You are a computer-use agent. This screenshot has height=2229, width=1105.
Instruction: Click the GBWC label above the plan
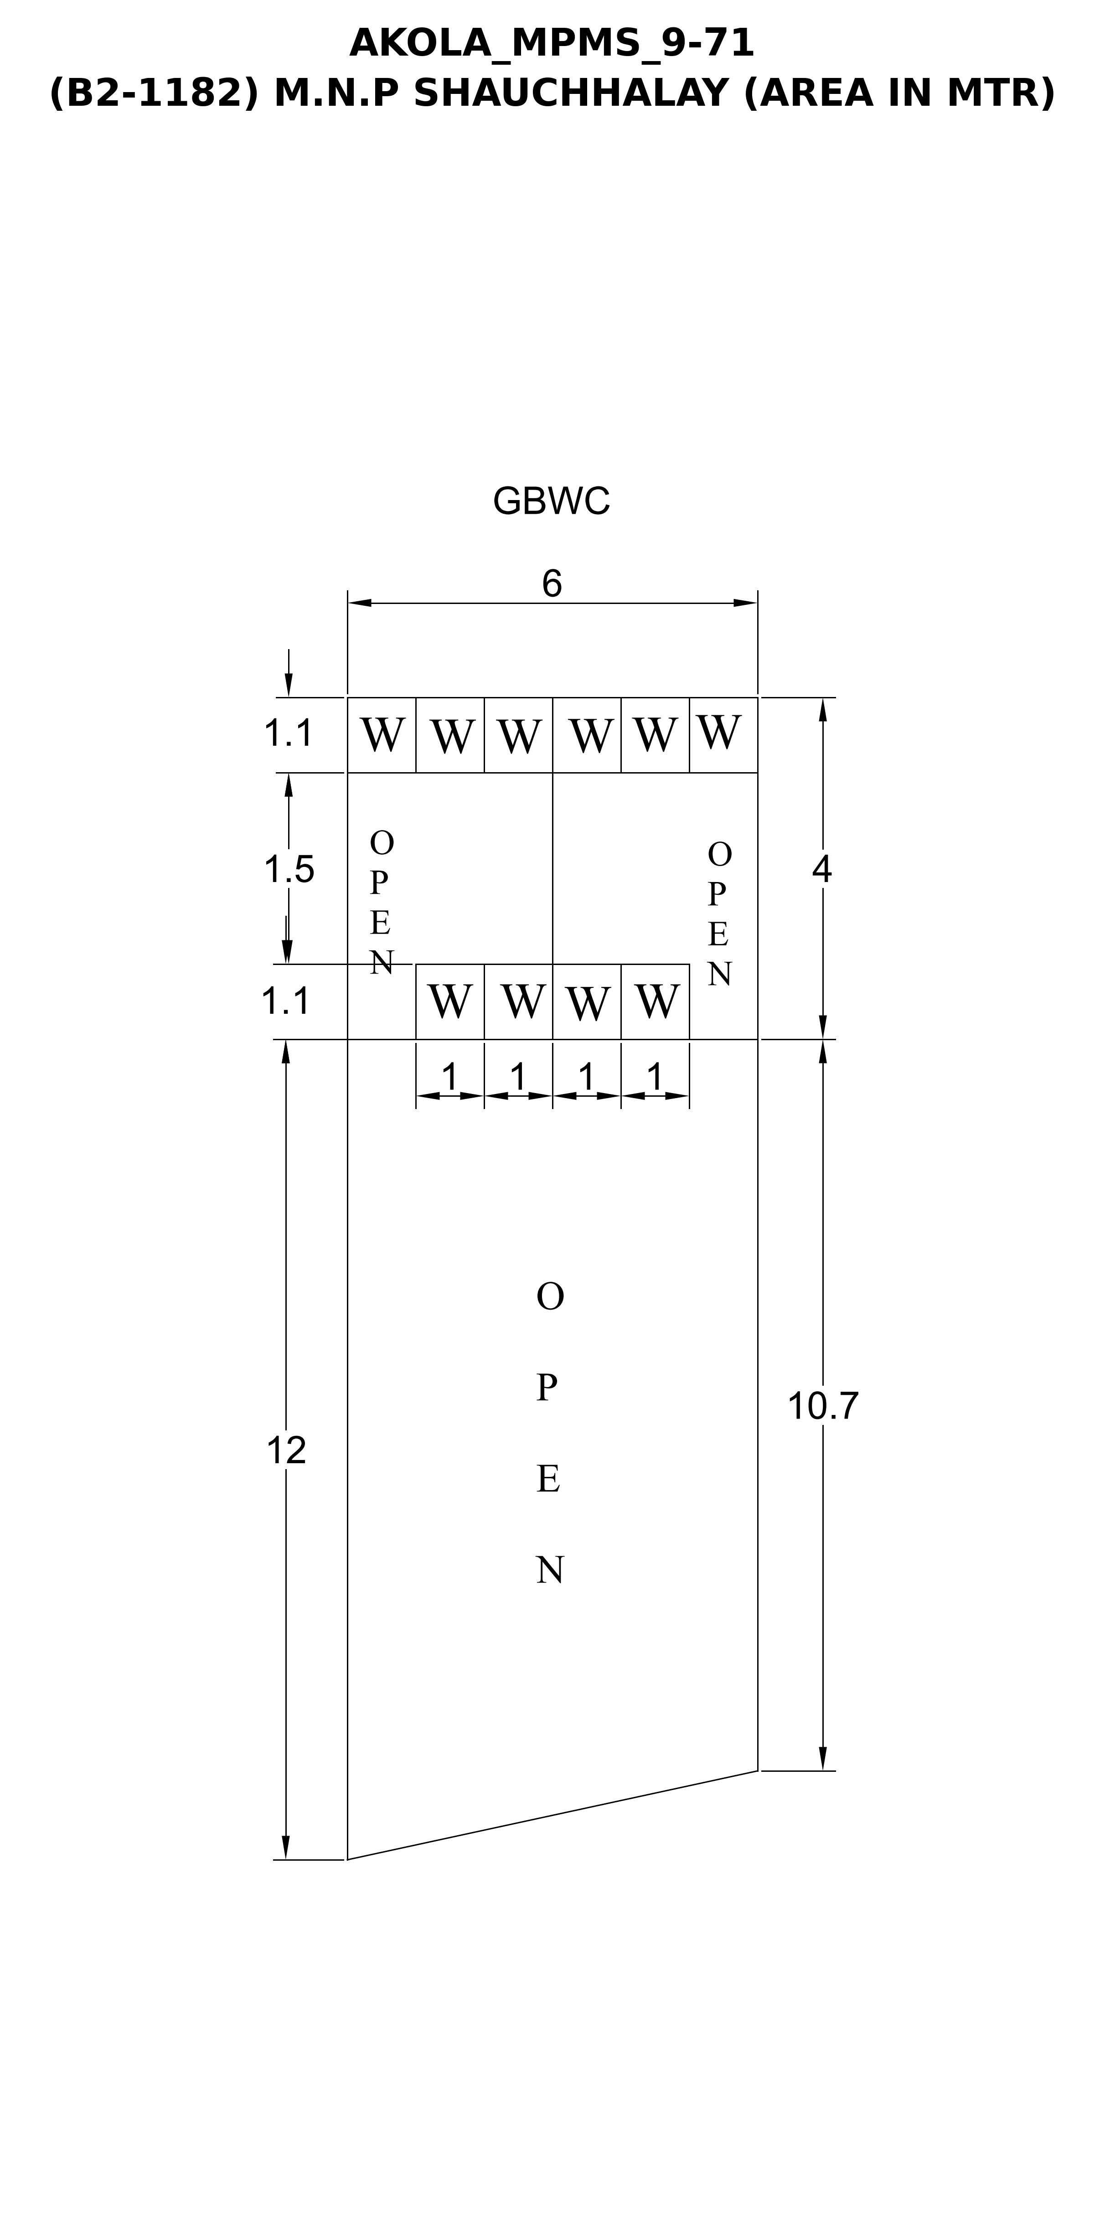pos(551,501)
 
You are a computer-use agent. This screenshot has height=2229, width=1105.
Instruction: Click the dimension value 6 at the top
pos(552,584)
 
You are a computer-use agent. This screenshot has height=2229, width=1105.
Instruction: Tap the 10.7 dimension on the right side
pos(822,1406)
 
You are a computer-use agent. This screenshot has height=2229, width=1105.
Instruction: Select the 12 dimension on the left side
pos(286,1450)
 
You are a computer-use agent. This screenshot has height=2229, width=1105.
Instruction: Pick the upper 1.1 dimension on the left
pos(288,734)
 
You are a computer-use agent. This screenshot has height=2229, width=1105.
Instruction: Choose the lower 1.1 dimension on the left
pos(285,1001)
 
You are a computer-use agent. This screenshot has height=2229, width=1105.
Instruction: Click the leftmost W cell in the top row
pos(382,735)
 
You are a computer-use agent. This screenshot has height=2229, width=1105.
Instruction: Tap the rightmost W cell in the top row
pos(723,735)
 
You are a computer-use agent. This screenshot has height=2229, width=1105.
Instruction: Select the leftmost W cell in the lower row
pos(450,1001)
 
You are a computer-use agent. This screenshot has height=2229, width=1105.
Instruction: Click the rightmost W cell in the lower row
pos(655,1001)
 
